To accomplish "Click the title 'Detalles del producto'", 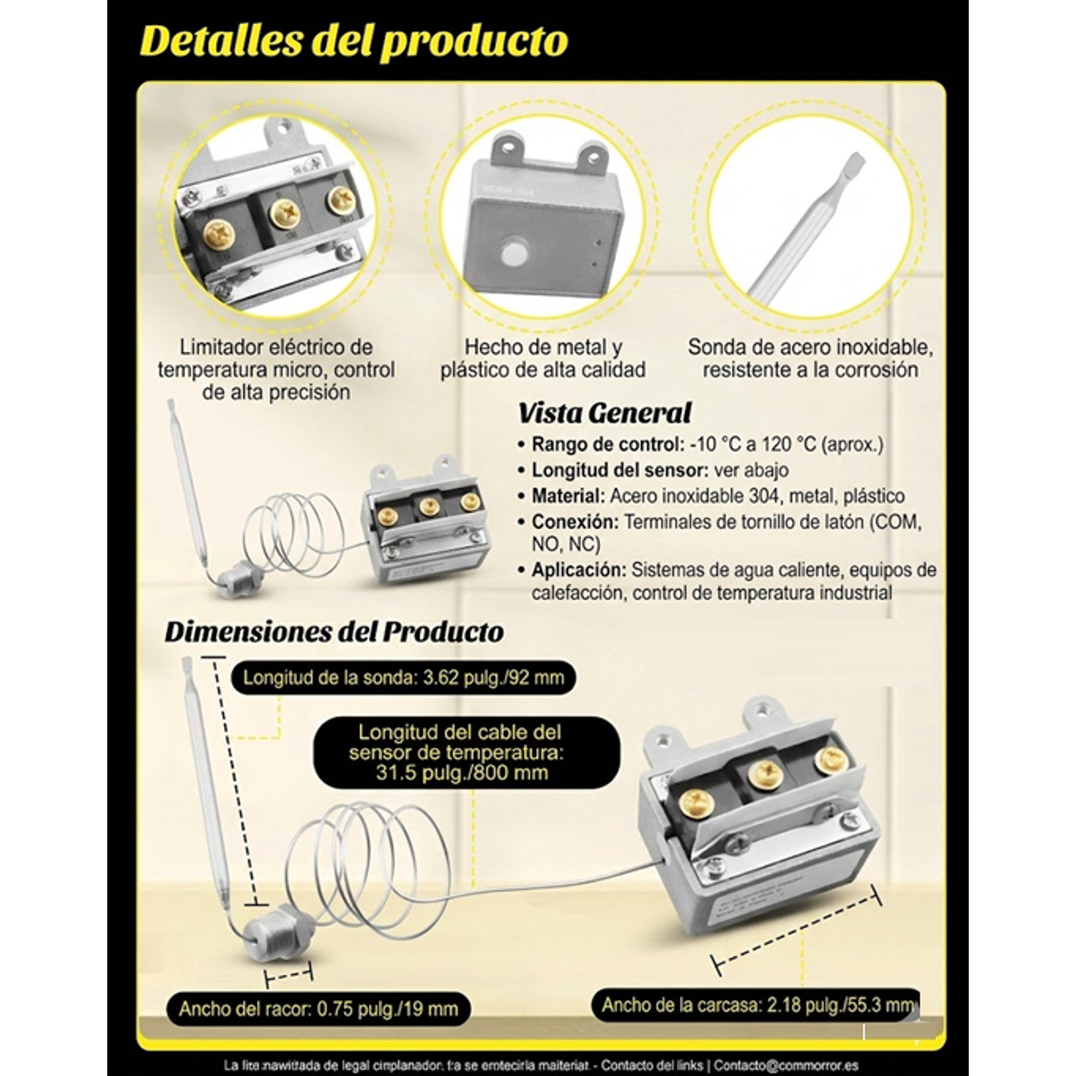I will coord(354,41).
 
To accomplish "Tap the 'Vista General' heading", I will coord(604,413).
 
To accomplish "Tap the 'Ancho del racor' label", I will coord(318,1009).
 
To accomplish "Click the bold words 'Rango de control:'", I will coord(608,444).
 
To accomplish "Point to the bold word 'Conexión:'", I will coord(575,522).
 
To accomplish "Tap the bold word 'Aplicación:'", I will coord(579,570).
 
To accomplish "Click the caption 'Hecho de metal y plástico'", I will coord(543,358).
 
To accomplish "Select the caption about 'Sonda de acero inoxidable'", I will coord(810,358).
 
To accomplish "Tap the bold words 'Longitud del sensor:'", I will coord(620,470).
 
